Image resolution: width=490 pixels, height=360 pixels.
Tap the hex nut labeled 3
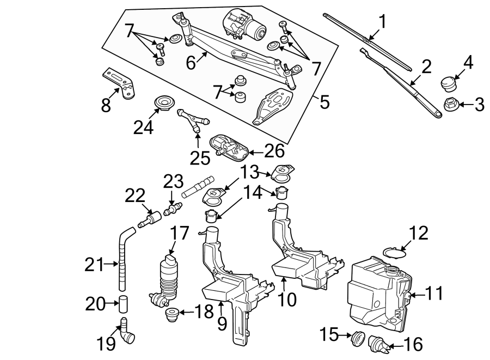tap(451, 104)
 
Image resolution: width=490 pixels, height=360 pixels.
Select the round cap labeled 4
tap(449, 84)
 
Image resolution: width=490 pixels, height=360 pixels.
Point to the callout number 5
tap(324, 101)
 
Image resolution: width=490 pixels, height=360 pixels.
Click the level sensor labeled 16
tap(378, 343)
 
